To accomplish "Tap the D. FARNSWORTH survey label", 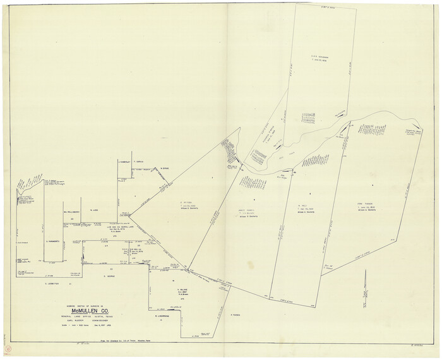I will tap(52, 241).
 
